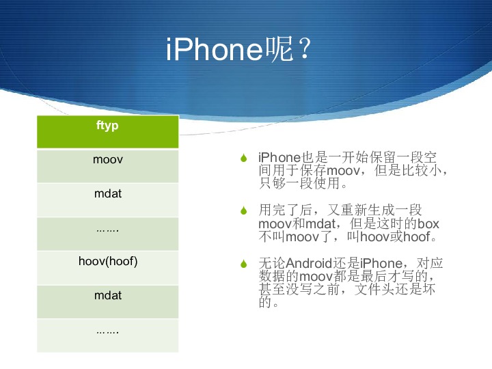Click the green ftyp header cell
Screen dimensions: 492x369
(108, 131)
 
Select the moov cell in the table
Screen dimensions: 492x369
(108, 166)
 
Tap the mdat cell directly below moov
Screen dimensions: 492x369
(108, 200)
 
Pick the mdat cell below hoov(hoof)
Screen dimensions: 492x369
(108, 302)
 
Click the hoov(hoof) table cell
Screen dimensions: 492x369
(108, 268)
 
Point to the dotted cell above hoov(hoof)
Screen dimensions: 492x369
(108, 234)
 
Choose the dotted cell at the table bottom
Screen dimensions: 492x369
(108, 336)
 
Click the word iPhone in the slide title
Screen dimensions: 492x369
(215, 49)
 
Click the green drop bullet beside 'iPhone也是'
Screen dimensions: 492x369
(244, 158)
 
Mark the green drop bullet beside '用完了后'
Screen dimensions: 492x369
(244, 210)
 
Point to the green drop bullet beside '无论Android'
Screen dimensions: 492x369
(244, 264)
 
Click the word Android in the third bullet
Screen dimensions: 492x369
(309, 263)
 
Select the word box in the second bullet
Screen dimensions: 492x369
(428, 223)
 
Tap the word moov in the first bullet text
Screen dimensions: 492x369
(343, 171)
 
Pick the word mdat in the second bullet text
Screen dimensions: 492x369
(320, 223)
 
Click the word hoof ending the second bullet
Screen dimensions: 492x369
(417, 236)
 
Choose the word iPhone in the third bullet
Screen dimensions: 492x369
(381, 263)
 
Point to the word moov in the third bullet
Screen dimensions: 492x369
(316, 277)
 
